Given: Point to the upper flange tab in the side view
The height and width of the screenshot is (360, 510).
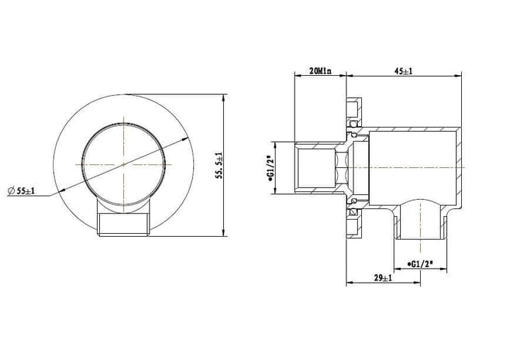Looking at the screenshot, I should pyautogui.click(x=352, y=110).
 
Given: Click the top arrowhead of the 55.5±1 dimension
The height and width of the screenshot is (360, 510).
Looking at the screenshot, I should pyautogui.click(x=224, y=96).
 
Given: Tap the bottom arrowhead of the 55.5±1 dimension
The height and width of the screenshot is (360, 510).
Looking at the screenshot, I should pyautogui.click(x=224, y=234).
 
